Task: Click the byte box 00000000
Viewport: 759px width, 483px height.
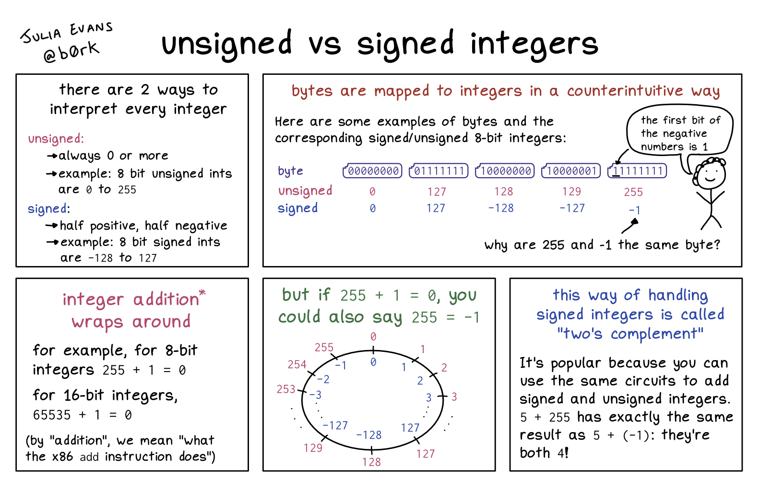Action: point(372,170)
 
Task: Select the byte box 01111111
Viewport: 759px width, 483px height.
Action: point(439,170)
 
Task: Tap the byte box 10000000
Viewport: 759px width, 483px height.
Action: point(505,170)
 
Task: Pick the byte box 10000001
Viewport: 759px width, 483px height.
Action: point(571,170)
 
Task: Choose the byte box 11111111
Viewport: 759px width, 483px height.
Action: point(637,170)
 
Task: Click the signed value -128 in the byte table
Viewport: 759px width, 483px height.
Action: point(501,208)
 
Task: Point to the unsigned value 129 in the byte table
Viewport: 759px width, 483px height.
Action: point(571,192)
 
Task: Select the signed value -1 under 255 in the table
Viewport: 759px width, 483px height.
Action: point(635,210)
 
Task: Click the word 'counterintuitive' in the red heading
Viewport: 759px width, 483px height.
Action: point(625,91)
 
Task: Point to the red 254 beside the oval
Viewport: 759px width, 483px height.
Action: point(297,364)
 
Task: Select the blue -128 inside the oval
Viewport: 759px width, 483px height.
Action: point(369,435)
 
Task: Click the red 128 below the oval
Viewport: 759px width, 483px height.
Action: point(371,462)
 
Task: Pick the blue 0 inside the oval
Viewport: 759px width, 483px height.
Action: point(373,362)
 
